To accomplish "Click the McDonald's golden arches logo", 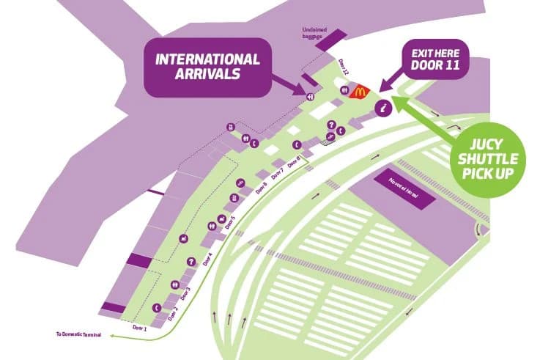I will (359, 92).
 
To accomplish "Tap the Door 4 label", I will (208, 259).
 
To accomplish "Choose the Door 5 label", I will (230, 223).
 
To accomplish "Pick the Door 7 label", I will (278, 175).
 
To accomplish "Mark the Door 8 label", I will (295, 163).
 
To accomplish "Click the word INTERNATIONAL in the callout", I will (207, 59).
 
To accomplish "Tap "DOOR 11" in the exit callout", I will (436, 66).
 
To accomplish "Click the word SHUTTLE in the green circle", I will (488, 159).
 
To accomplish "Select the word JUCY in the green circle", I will (487, 143).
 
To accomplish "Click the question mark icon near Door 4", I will (191, 261).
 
